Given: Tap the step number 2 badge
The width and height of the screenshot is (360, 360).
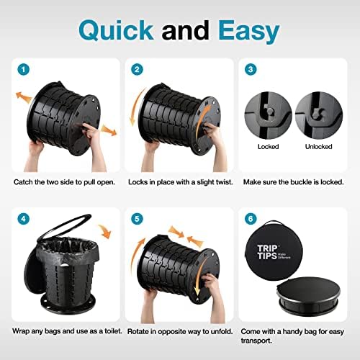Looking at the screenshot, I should click(137, 71).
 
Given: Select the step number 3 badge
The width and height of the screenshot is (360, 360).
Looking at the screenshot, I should click(250, 71).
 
